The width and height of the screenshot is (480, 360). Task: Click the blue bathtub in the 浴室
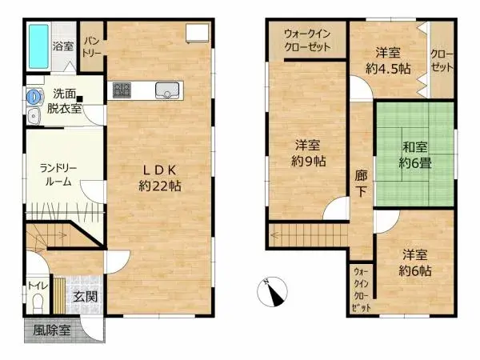tap(39, 46)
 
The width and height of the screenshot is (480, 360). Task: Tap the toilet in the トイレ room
tap(38, 302)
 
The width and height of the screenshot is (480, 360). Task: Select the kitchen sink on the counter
tap(167, 90)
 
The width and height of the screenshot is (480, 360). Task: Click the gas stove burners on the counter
tap(122, 90)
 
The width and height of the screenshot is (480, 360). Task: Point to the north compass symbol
tap(273, 292)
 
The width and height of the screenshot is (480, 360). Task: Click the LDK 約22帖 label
tap(160, 178)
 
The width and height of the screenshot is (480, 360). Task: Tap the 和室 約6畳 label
tap(414, 155)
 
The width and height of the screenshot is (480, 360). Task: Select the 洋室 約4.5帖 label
tap(388, 61)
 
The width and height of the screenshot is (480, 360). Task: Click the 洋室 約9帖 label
tap(308, 153)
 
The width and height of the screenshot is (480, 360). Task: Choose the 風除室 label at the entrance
tap(52, 330)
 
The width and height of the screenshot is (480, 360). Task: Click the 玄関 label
tap(86, 296)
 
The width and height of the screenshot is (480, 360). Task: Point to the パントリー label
tap(92, 46)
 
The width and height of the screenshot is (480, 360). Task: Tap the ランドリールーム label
tap(58, 175)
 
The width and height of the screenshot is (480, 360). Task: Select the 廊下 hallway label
tap(362, 183)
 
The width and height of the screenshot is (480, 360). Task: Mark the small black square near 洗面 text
tap(80, 99)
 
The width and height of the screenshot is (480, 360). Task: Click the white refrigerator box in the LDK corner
tap(198, 33)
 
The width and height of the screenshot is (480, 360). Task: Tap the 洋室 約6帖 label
tap(415, 262)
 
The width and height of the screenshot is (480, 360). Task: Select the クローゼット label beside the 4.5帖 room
tap(442, 61)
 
